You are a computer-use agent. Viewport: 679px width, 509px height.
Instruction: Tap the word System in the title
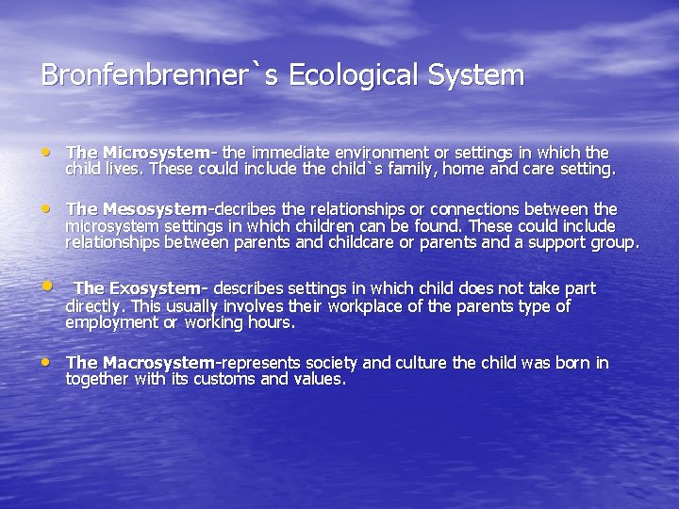[x=482, y=75]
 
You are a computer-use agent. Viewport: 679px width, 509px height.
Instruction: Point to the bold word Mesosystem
[x=155, y=209]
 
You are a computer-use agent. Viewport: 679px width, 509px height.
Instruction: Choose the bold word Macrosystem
[x=159, y=363]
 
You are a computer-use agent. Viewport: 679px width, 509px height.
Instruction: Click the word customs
[x=226, y=380]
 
